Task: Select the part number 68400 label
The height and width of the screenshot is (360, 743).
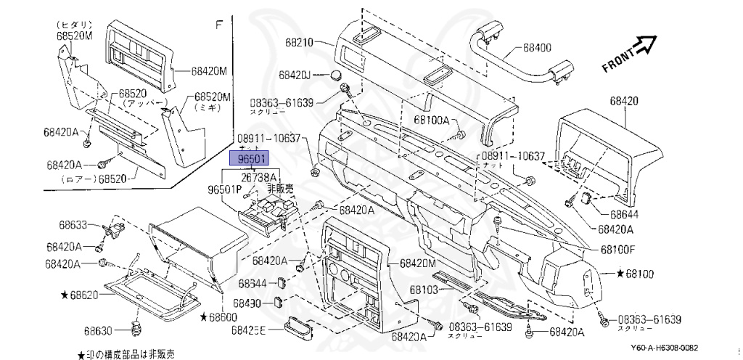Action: coord(537,49)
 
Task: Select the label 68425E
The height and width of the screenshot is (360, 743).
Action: coord(248,330)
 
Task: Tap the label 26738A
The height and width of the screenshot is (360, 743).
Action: coord(258,177)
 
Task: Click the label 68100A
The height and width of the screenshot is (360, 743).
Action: coord(432,120)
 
